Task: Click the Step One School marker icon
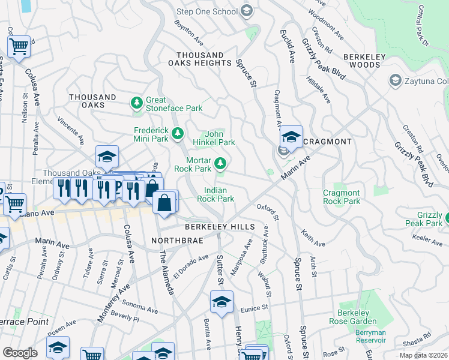pos(246,11)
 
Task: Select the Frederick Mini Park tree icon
pos(178,133)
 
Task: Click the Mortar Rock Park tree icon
pos(221,163)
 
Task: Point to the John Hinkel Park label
pos(213,138)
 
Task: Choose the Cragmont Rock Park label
pos(342,197)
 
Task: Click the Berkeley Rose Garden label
pos(352,317)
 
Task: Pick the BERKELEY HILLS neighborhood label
pos(220,227)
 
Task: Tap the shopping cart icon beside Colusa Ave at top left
pos(19,46)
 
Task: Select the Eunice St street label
pos(255,308)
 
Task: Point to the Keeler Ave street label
pos(427,240)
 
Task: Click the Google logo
pos(20,352)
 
